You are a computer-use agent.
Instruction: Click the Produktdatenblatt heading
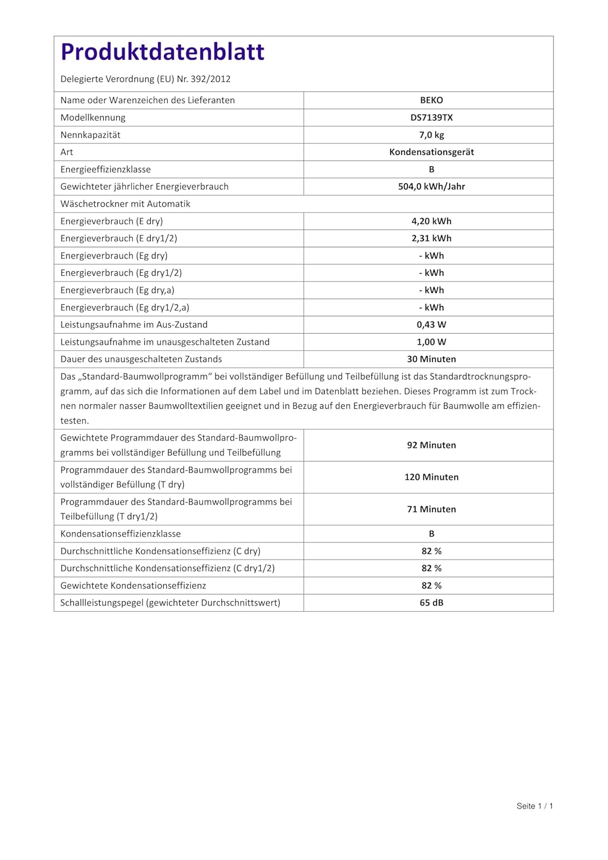click(162, 52)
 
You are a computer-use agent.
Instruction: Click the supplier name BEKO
click(432, 100)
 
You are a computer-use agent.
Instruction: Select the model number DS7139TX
click(432, 118)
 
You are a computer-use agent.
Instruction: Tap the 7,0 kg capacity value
click(432, 135)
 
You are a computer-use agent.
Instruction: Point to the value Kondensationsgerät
click(432, 152)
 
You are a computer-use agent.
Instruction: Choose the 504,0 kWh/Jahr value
click(432, 186)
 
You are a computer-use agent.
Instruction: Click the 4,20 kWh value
click(432, 221)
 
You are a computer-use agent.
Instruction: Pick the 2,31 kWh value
click(432, 239)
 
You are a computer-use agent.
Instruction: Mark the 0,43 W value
click(432, 325)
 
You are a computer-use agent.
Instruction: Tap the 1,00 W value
click(432, 342)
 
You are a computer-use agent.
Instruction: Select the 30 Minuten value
click(432, 359)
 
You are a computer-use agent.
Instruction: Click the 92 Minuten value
click(432, 445)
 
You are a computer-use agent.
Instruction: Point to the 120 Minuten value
click(432, 477)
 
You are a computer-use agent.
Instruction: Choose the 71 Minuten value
click(432, 509)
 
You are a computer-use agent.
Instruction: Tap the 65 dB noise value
click(432, 603)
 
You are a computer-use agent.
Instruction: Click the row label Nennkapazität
click(91, 135)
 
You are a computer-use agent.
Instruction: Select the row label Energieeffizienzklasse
click(105, 169)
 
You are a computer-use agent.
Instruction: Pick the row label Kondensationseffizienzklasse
click(120, 534)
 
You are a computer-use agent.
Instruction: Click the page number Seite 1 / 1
click(535, 806)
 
